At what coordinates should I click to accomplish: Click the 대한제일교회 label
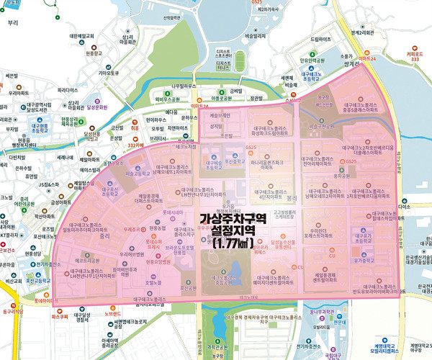tap(82, 35)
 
